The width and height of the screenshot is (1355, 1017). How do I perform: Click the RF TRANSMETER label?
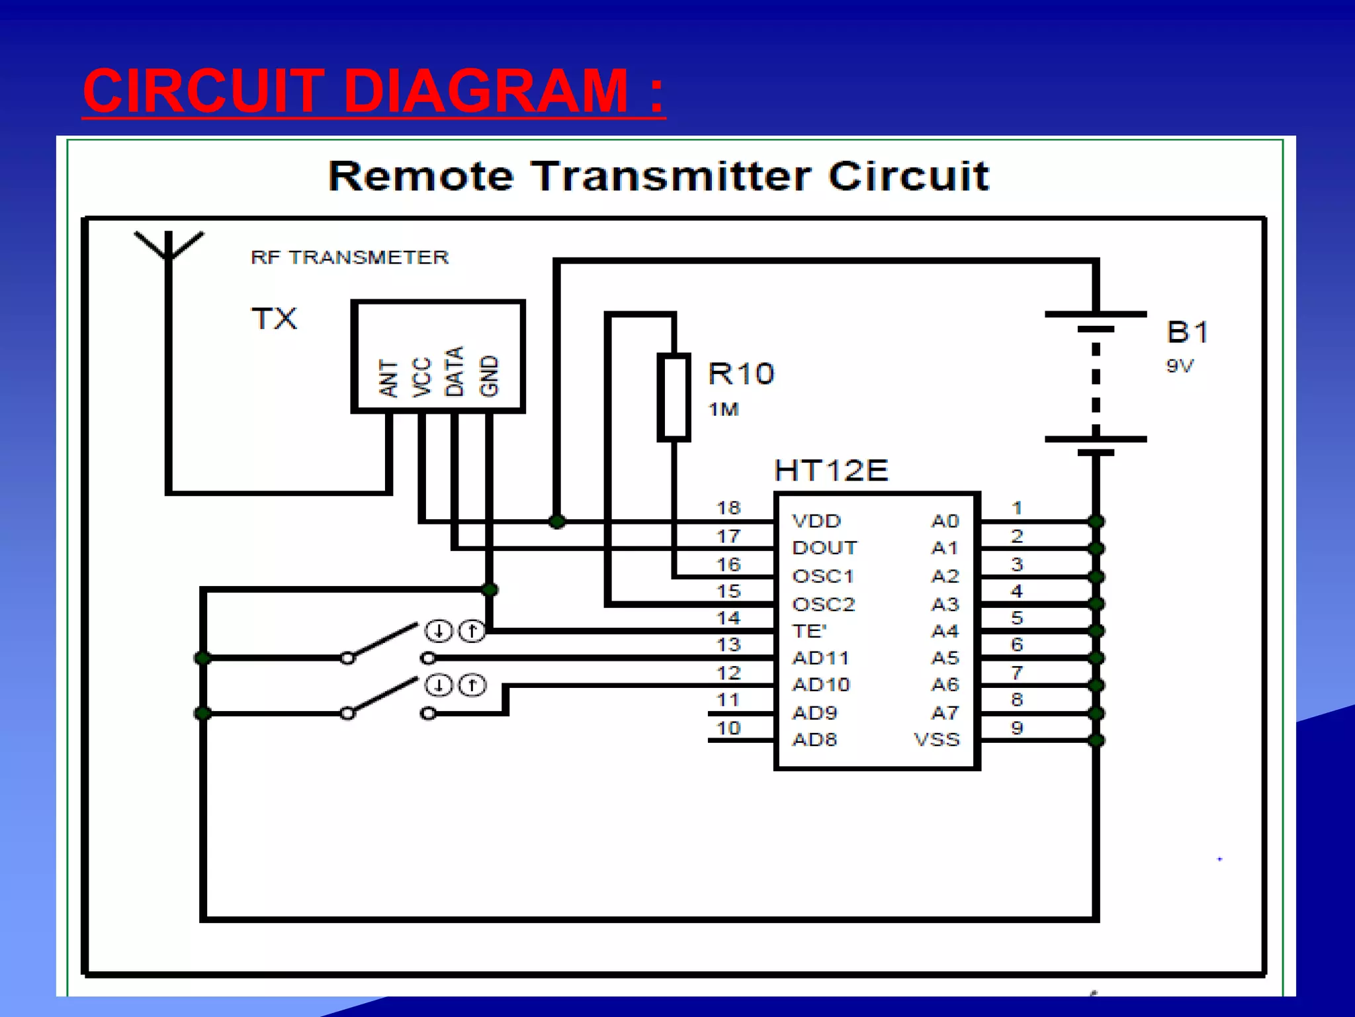[349, 257]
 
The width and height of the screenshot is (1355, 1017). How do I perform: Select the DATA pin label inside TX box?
[455, 371]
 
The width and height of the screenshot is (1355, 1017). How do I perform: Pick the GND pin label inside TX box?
[488, 375]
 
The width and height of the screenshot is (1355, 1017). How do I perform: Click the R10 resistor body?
[674, 397]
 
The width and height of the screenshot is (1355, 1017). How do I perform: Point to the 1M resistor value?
[723, 410]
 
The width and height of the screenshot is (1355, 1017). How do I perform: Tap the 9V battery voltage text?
[1180, 365]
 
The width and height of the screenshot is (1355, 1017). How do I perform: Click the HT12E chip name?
[831, 471]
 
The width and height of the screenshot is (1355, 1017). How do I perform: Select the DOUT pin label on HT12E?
[824, 548]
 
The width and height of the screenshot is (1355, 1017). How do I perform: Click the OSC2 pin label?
[824, 604]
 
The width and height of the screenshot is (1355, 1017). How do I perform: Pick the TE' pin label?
[809, 631]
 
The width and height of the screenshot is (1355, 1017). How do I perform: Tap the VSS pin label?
[936, 740]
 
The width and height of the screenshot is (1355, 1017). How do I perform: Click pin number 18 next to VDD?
[728, 508]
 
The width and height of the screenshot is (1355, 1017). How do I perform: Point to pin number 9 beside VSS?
[1017, 728]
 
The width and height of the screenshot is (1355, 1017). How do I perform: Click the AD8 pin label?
[814, 740]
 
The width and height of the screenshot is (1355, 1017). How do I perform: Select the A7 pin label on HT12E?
[945, 713]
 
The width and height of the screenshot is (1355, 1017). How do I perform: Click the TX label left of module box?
[275, 319]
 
